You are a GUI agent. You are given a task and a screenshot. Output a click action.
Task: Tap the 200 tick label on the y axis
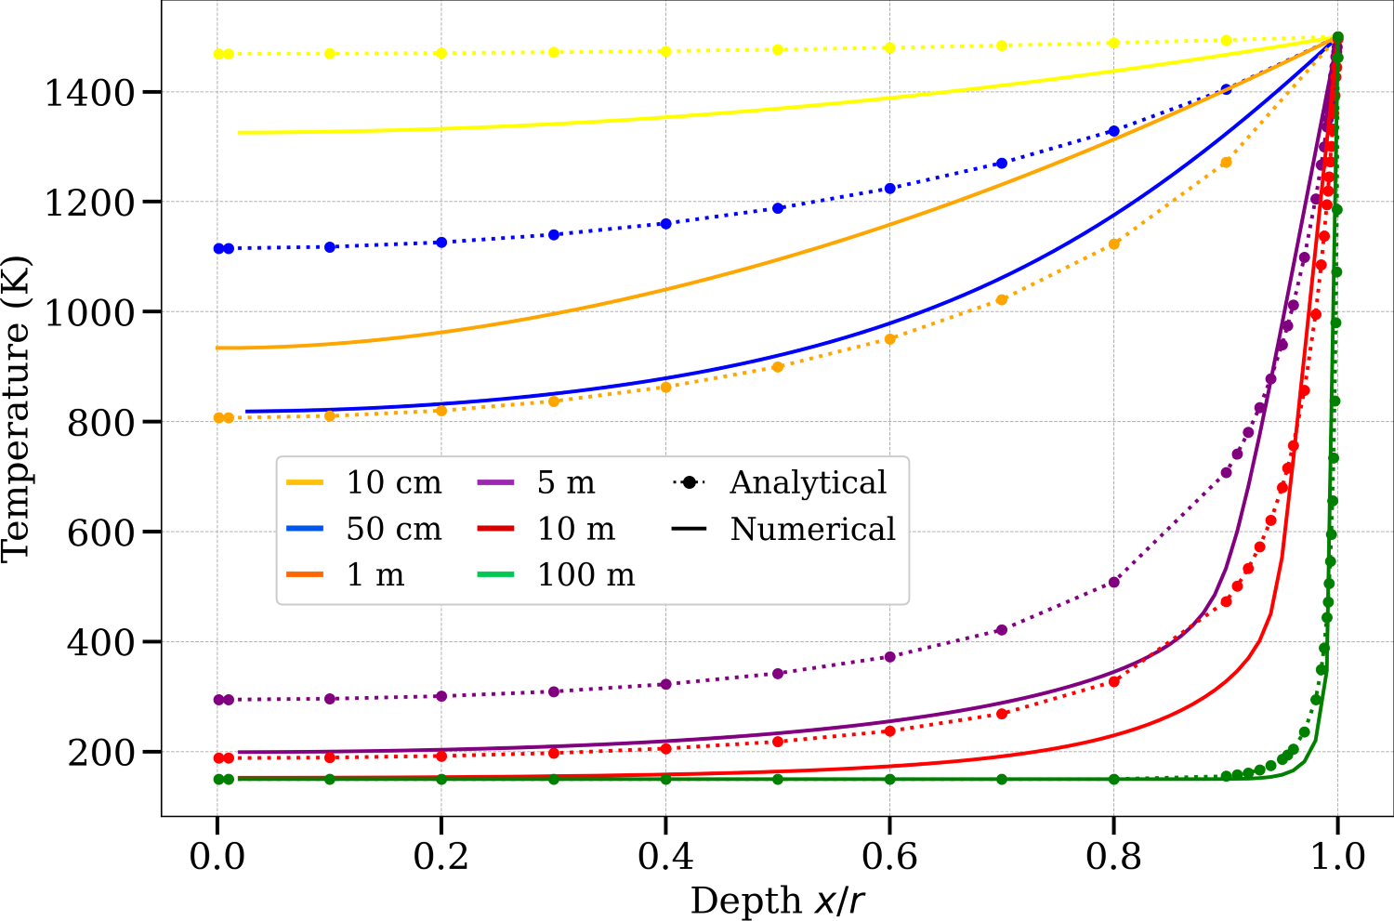101,752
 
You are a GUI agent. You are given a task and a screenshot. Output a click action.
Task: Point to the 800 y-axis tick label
101,422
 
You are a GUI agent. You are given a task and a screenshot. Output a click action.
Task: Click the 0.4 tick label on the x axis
665,856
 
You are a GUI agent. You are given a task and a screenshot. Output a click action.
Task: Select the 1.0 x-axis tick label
1337,856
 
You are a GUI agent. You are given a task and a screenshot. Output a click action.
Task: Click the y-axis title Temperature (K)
16,409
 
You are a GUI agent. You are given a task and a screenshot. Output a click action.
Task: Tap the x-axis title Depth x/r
778,901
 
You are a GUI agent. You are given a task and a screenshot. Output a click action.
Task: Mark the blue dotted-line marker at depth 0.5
778,208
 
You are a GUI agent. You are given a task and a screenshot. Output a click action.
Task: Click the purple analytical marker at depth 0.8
1114,583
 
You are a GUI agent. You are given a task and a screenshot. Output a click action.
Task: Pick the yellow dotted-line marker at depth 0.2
441,53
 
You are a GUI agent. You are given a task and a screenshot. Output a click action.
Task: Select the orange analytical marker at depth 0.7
1002,300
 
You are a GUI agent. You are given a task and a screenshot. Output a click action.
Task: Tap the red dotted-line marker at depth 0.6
890,731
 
